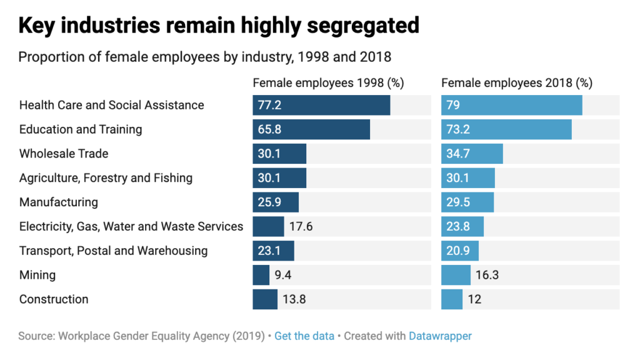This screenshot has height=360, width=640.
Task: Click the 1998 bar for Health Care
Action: [321, 105]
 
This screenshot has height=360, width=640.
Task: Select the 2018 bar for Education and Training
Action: [506, 129]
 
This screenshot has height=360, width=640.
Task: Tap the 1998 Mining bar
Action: [261, 275]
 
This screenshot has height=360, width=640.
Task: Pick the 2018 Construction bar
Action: [452, 299]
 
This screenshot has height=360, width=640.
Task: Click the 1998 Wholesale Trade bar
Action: [279, 154]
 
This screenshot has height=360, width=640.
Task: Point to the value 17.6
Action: [301, 226]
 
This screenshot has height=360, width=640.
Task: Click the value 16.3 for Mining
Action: [487, 275]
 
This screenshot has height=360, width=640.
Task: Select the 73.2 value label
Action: [457, 129]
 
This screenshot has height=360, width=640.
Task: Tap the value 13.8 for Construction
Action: [294, 299]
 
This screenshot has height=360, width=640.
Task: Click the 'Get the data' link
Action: [304, 336]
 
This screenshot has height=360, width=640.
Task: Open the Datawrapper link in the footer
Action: [441, 336]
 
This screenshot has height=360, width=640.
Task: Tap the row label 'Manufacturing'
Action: [59, 202]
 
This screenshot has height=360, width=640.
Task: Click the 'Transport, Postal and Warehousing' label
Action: [113, 251]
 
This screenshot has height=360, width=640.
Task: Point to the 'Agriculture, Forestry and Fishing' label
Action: [106, 178]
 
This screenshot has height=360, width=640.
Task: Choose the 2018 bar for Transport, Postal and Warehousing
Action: [460, 251]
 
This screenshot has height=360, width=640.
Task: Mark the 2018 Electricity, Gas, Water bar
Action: [462, 226]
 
